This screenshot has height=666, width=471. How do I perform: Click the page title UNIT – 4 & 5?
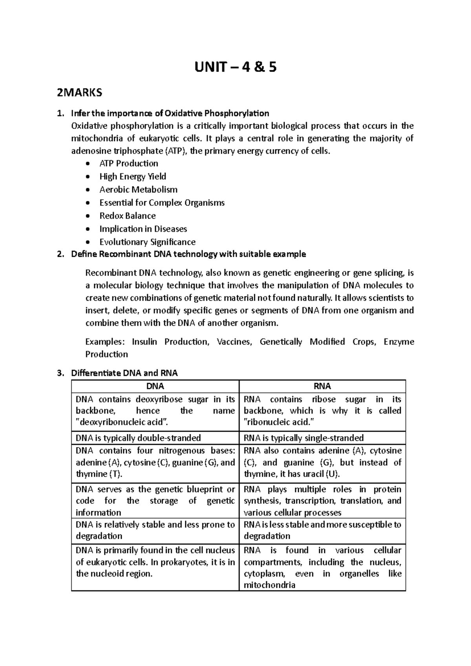click(235, 68)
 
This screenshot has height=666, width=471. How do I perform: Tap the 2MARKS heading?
click(79, 93)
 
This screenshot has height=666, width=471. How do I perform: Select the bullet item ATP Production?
click(129, 163)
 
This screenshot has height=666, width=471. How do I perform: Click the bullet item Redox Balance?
click(127, 216)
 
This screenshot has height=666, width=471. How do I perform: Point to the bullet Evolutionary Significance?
click(147, 242)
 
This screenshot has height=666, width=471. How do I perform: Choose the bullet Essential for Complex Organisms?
click(162, 203)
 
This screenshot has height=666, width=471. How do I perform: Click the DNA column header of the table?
click(155, 386)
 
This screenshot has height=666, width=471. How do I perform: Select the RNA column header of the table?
click(322, 386)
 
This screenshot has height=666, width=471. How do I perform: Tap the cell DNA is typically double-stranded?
click(138, 438)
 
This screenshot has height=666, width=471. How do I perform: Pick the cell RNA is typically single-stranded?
click(304, 438)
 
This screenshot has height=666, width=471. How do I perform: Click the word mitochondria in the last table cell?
click(269, 585)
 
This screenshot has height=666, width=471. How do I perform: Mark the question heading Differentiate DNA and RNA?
click(124, 373)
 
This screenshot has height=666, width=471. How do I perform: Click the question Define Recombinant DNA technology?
click(188, 254)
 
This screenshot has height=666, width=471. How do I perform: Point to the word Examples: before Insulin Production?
click(105, 342)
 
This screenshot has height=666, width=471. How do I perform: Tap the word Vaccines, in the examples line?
click(234, 342)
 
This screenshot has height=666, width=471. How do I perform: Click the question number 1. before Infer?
click(60, 113)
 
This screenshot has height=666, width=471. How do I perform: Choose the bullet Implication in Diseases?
click(143, 229)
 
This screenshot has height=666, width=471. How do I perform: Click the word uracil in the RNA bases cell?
click(313, 474)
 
